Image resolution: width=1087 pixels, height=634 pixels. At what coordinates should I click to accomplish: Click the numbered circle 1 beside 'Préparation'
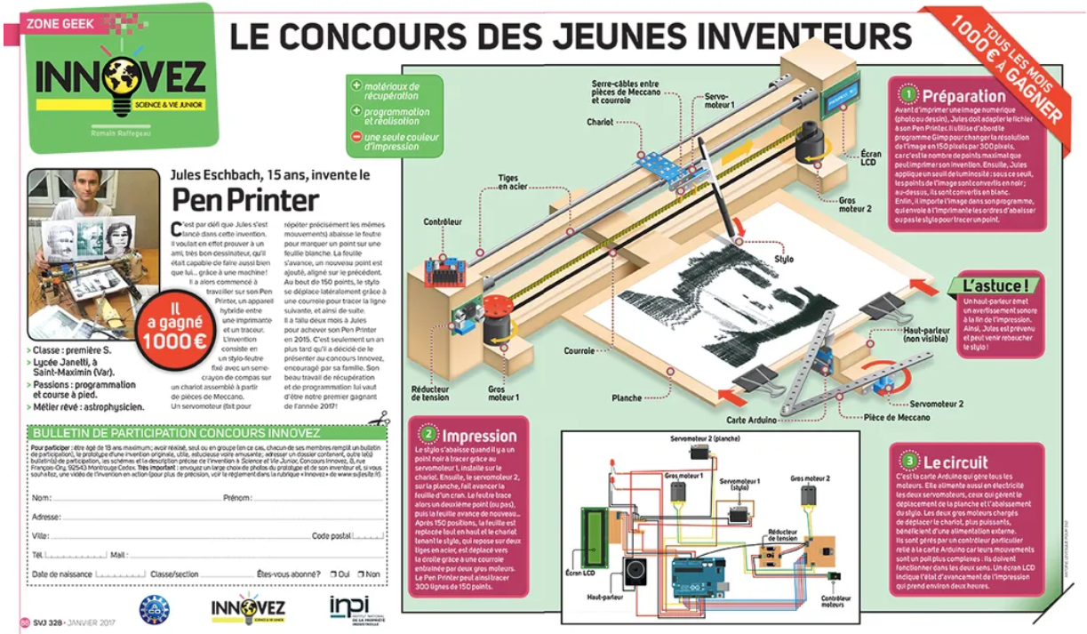pos(908,93)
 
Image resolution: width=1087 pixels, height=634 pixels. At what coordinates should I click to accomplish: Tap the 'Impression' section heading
pos(479,436)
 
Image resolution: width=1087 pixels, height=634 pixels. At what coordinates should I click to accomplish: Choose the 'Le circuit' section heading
pos(955,461)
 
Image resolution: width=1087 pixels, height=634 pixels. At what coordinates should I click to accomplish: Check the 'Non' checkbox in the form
pos(360,574)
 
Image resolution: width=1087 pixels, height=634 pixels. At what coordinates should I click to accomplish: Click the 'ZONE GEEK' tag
pos(60,25)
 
